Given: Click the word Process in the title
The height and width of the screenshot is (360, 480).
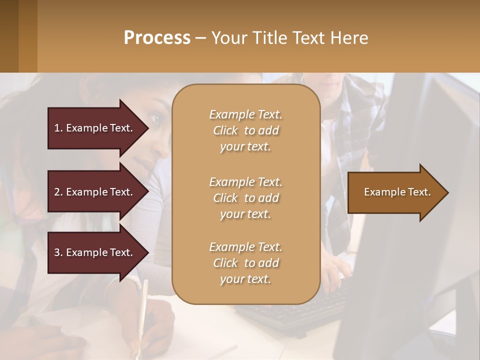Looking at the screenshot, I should point(157,38).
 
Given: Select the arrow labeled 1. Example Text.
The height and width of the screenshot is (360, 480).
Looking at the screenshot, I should point(95,128).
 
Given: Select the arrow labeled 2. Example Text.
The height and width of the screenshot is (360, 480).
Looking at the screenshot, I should point(95,192).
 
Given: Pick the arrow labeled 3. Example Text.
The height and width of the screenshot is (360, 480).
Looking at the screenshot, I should point(95,252).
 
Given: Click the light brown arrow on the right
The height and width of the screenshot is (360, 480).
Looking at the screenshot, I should point(395,192).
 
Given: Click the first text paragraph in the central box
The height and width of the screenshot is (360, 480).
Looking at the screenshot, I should point(245,130).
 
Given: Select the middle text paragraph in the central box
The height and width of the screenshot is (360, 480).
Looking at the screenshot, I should point(245,198).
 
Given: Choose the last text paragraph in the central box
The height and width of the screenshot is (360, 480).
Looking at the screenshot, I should point(245,263).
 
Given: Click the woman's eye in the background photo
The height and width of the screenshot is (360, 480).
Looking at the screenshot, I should point(155,119).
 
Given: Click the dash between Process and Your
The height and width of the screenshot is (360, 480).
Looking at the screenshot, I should point(200,38).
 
